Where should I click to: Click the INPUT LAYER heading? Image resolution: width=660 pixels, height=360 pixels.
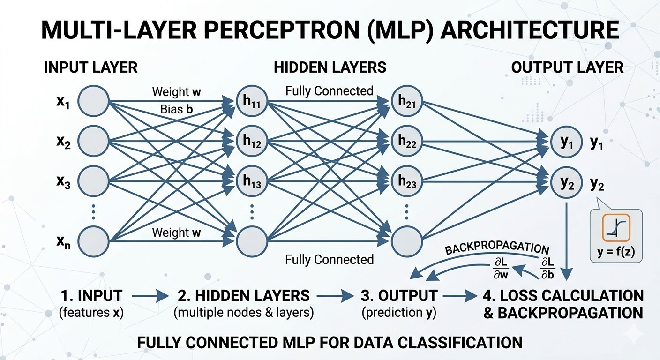(x=90, y=67)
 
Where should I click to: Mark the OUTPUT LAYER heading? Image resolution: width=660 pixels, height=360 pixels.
(x=567, y=67)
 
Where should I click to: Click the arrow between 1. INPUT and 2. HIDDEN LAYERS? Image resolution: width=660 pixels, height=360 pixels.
(x=150, y=296)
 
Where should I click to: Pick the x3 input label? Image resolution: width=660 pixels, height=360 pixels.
(x=63, y=180)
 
